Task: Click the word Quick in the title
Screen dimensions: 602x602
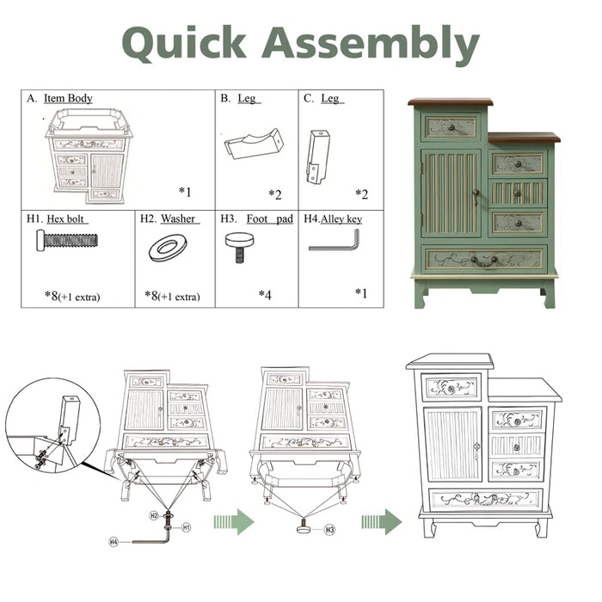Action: [x=184, y=42]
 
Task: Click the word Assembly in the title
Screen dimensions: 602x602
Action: [x=371, y=43]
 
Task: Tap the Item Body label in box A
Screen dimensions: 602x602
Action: [x=68, y=98]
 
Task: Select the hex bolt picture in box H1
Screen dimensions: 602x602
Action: [x=67, y=240]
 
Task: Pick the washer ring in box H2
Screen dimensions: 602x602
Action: [x=168, y=248]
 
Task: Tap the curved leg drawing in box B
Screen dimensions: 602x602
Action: [x=255, y=144]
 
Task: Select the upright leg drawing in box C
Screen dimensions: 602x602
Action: [x=318, y=157]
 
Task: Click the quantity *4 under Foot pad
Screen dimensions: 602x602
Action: [x=265, y=295]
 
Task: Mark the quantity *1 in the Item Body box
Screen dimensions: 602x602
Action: [x=185, y=191]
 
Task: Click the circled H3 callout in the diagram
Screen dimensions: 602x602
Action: [x=329, y=531]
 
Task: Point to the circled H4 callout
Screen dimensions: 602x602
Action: [x=114, y=542]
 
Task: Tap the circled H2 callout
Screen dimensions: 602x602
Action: [x=154, y=516]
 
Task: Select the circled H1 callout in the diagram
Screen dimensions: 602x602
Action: [x=186, y=527]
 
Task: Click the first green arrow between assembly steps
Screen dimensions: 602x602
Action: [x=234, y=522]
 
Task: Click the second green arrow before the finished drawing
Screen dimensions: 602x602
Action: [x=382, y=522]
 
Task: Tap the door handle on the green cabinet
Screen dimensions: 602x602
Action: [x=476, y=196]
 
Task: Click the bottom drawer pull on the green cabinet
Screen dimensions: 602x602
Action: [x=483, y=261]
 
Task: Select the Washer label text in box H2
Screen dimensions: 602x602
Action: [x=178, y=218]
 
